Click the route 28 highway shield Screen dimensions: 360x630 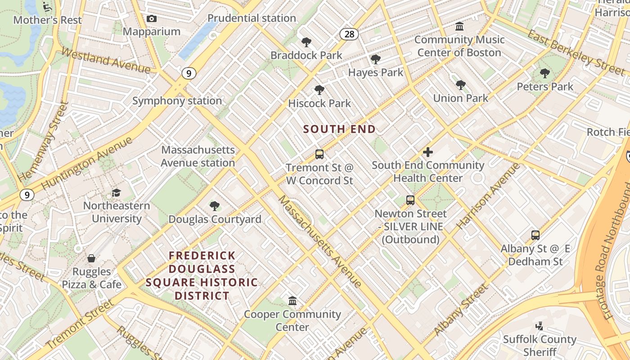click(349, 34)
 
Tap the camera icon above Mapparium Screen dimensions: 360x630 click(152, 18)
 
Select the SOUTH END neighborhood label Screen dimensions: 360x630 click(339, 129)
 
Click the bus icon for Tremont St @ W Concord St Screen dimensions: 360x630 click(319, 154)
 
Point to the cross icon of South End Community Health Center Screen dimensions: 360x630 click(428, 152)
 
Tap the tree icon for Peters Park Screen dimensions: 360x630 click(545, 73)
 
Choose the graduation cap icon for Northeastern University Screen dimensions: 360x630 click(117, 193)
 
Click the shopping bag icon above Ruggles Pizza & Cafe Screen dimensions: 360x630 click(91, 258)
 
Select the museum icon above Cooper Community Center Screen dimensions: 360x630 click(292, 301)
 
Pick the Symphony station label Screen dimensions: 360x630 click(177, 101)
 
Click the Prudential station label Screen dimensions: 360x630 click(252, 18)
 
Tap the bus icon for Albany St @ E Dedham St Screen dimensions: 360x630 click(535, 235)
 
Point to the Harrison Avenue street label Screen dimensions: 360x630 click(489, 196)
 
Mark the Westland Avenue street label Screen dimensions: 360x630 click(106, 60)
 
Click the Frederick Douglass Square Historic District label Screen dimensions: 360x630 click(202, 275)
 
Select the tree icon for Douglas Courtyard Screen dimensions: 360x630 click(215, 206)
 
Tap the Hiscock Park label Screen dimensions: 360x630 click(319, 103)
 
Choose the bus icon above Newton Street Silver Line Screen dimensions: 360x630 click(410, 200)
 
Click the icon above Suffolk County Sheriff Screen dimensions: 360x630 click(539, 326)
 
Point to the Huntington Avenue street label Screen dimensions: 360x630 click(87, 163)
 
